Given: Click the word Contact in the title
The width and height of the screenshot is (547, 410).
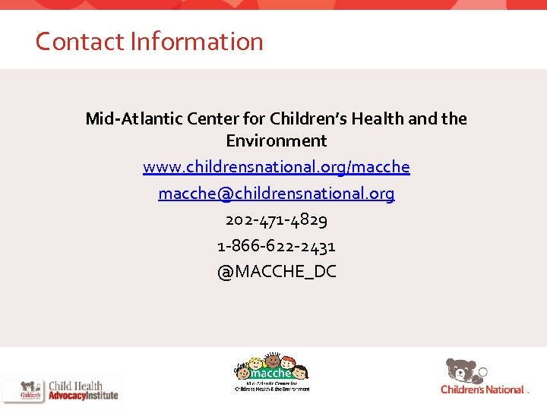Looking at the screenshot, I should (x=80, y=41).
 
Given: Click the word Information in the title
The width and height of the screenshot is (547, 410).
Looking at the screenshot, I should (x=196, y=41).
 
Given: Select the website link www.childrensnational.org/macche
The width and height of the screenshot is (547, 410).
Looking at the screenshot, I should (x=276, y=167).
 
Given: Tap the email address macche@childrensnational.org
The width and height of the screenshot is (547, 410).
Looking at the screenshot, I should (x=276, y=194).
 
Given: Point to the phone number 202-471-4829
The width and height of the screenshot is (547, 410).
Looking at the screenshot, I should (x=276, y=220).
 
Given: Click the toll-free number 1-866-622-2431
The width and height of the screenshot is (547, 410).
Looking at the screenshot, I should (x=276, y=246).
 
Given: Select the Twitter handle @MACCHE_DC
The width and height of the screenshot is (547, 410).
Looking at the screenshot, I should (x=276, y=272).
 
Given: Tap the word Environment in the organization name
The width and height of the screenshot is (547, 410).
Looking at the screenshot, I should (x=276, y=140).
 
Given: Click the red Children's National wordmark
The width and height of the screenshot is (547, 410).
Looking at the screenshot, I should (x=482, y=389).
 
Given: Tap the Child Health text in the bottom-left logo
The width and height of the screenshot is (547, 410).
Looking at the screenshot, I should (x=75, y=386).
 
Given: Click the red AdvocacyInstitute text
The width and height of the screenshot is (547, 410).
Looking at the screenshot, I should (x=83, y=396).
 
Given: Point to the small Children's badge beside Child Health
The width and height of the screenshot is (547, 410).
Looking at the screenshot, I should (x=31, y=390).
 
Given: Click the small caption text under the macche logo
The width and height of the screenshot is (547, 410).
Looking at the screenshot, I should (x=271, y=387).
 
